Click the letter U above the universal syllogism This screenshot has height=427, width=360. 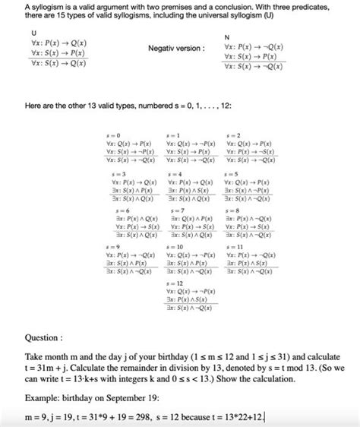click(33, 33)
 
